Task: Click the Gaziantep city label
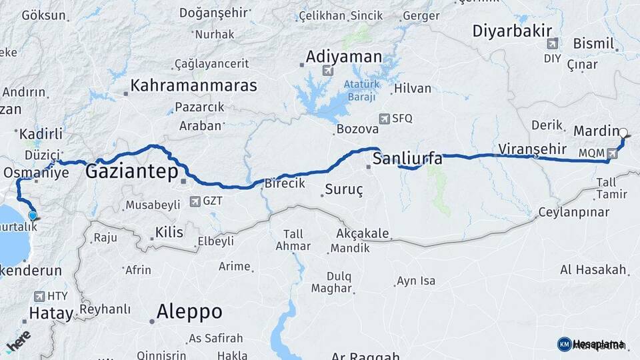pos(132,173)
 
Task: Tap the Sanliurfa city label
pos(407,159)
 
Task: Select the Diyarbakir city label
pos(512,31)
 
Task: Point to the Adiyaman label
pos(344,57)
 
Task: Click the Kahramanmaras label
pos(193,85)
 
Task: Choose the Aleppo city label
pos(189,311)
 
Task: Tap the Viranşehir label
pos(532,149)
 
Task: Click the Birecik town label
pos(285,183)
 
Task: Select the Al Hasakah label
pos(593,270)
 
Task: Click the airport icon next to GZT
pos(195,201)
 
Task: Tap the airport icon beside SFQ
pos(384,119)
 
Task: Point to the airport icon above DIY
pos(552,44)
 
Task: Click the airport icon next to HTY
pos(37,297)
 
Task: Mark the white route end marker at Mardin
pos(623,132)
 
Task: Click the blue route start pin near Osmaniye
pos(33,215)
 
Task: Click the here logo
pos(18,340)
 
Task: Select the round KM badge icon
pos(564,344)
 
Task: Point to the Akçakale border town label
pos(362,234)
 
